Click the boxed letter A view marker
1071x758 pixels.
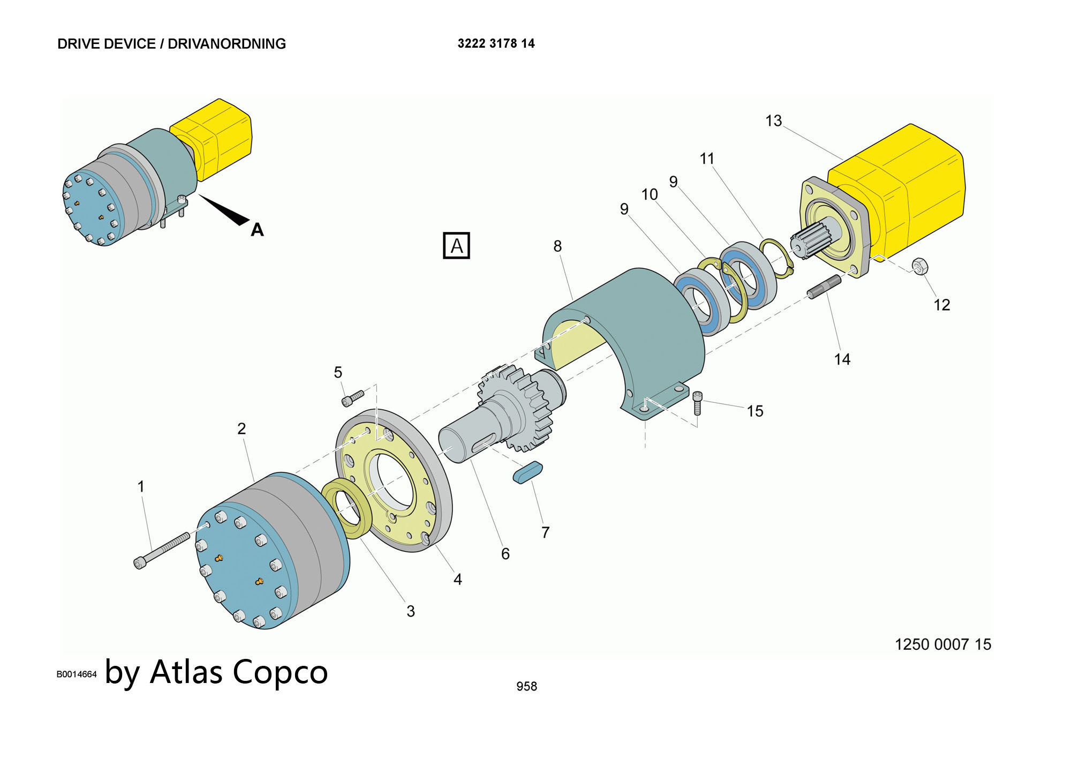click(456, 246)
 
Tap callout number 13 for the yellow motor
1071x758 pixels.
click(773, 121)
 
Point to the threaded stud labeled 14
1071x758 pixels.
click(824, 287)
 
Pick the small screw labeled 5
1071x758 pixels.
click(353, 398)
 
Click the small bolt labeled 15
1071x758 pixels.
click(697, 407)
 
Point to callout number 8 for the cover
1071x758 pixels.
click(557, 246)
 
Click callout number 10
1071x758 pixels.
click(649, 194)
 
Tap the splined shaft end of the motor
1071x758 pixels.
click(810, 244)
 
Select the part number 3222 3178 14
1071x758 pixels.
click(496, 43)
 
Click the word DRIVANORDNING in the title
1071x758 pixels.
click(227, 44)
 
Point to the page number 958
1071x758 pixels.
click(526, 686)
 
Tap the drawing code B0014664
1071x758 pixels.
click(77, 674)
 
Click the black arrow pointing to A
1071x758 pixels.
click(225, 209)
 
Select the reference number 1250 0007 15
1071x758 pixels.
click(942, 644)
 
